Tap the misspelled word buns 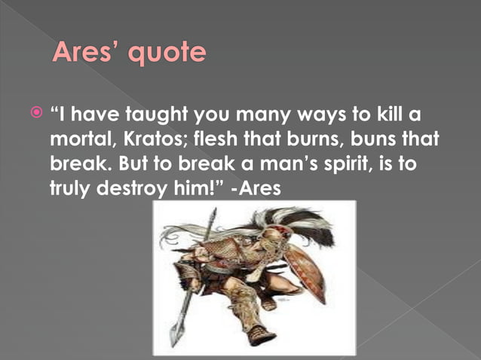pos(393,140)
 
